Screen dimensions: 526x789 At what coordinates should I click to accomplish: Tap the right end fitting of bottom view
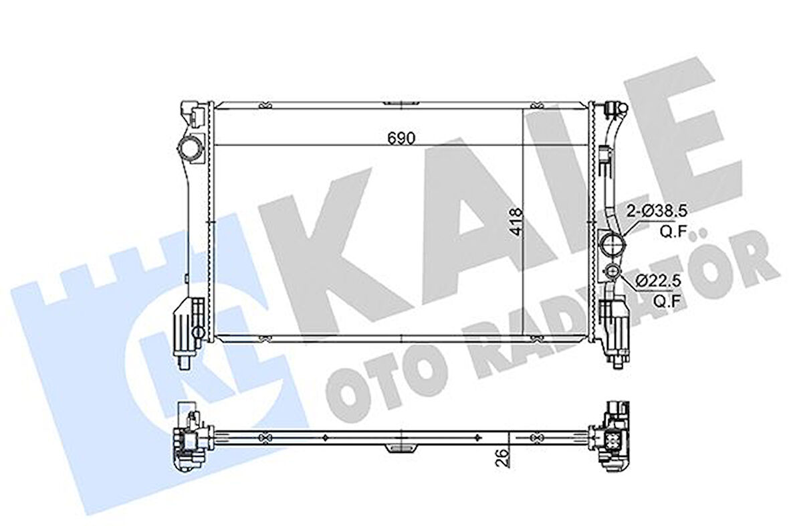(x=612, y=435)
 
